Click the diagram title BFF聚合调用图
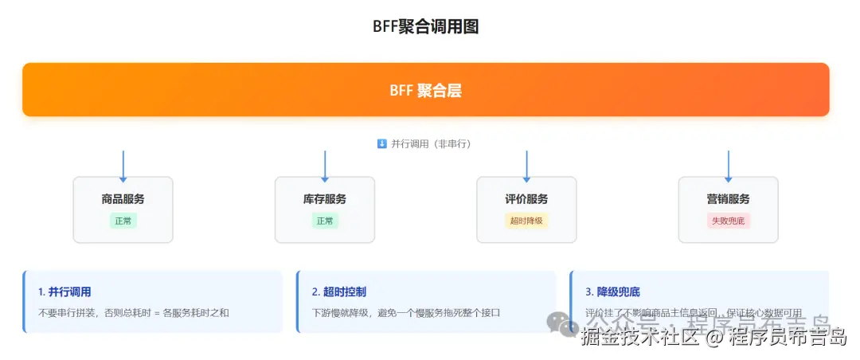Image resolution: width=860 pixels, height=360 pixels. click(x=425, y=26)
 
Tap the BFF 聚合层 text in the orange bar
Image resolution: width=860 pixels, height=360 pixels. click(x=425, y=90)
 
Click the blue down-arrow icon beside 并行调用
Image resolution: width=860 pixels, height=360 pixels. click(x=381, y=144)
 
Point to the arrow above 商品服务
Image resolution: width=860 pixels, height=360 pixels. click(x=123, y=165)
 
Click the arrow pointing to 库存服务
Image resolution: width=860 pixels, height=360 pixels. click(x=325, y=165)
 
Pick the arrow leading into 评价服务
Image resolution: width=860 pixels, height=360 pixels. click(x=526, y=165)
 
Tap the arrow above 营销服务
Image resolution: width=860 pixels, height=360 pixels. click(x=728, y=165)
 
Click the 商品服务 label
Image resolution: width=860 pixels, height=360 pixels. click(x=123, y=199)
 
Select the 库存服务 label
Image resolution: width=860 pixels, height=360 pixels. click(x=325, y=199)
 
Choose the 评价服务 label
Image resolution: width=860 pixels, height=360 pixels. click(x=526, y=199)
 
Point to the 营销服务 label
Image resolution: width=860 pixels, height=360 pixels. click(x=728, y=199)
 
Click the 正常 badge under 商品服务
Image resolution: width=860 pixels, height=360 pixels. click(x=123, y=221)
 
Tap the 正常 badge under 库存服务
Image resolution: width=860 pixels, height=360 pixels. click(x=325, y=221)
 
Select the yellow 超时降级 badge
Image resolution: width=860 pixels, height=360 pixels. click(x=526, y=221)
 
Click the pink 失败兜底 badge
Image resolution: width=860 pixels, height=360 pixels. click(x=728, y=221)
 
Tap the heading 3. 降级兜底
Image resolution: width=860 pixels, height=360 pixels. click(x=612, y=292)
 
